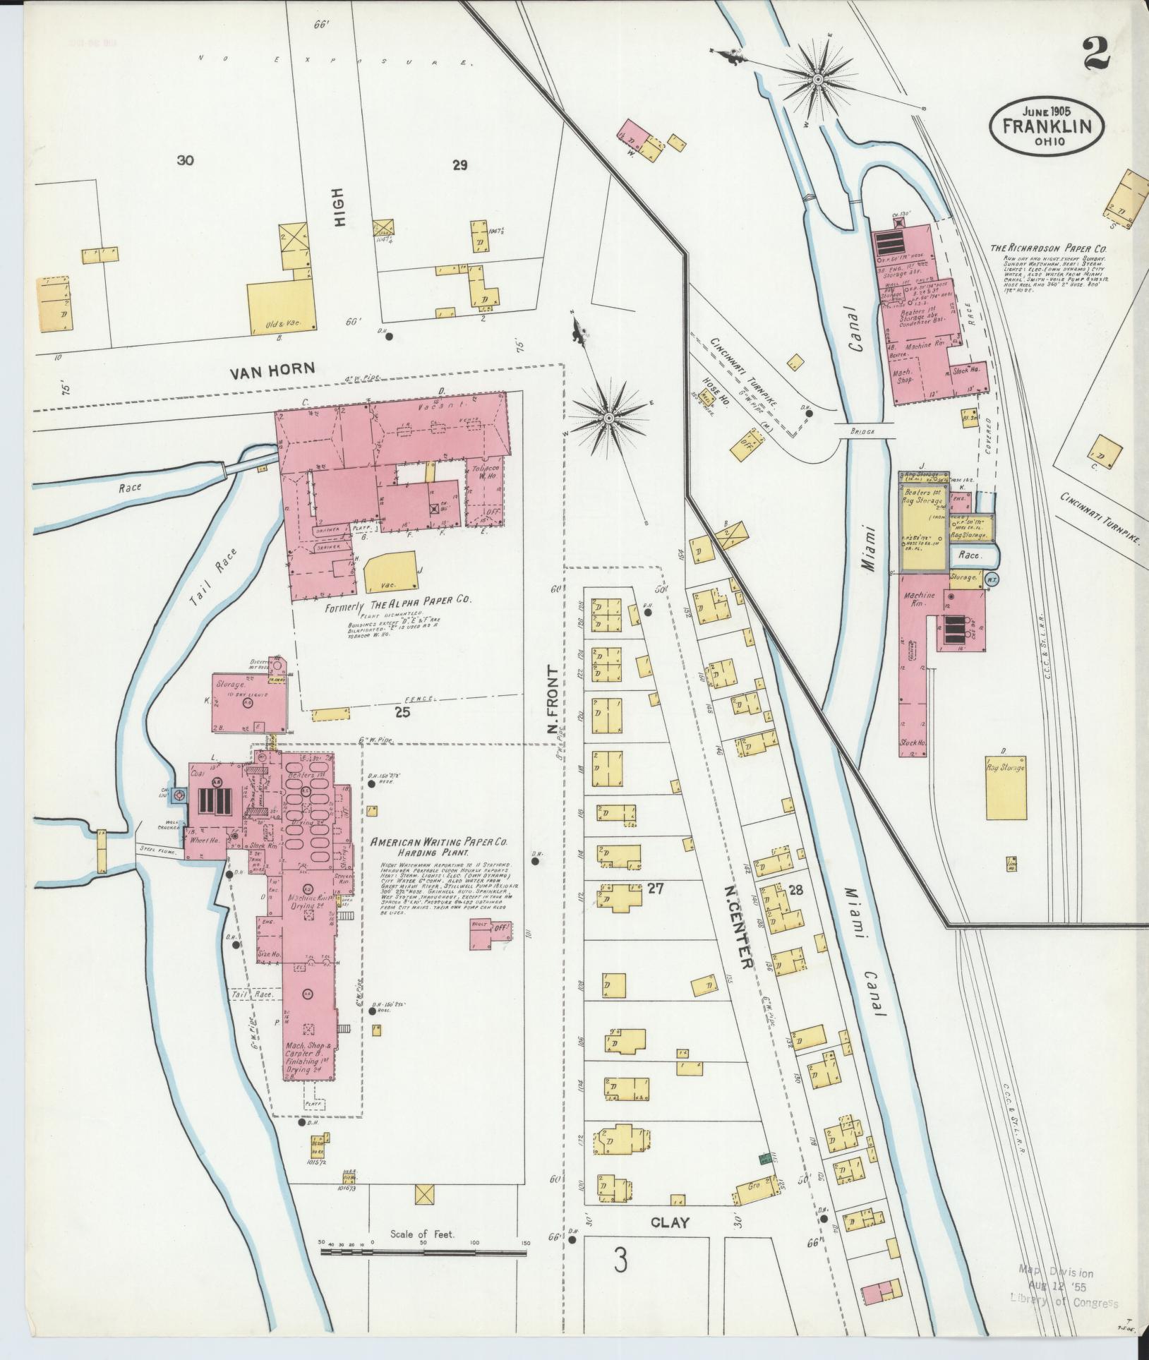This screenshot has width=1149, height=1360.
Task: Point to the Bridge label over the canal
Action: point(862,431)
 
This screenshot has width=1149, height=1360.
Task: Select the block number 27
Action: point(656,889)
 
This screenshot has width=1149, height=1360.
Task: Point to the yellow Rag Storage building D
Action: point(1005,788)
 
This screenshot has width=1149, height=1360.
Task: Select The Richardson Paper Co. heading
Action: point(1048,248)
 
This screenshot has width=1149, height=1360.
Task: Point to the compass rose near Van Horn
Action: point(608,418)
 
